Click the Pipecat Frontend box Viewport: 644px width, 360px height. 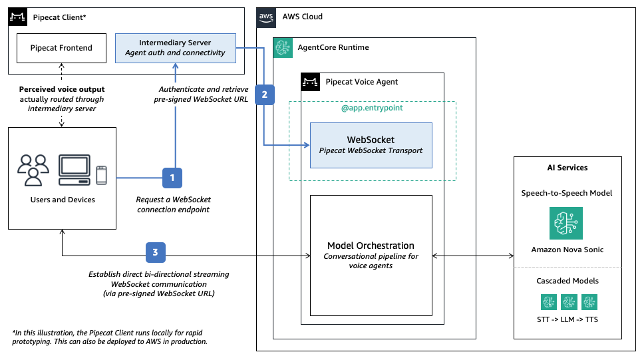pos(61,48)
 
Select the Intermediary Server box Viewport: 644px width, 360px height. pos(176,48)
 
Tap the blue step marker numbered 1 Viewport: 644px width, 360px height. pos(172,178)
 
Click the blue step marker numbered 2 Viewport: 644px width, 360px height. pos(265,94)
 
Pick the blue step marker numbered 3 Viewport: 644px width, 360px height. pos(155,252)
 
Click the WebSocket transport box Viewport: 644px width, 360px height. pos(371,145)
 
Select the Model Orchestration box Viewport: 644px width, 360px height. pos(371,256)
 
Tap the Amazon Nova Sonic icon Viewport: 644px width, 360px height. pos(566,223)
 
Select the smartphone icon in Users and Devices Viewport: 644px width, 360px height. pos(101,175)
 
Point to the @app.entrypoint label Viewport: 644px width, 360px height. pos(371,108)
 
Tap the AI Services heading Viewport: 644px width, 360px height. pos(566,168)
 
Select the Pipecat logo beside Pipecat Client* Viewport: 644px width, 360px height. pos(18,16)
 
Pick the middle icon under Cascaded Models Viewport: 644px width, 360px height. pos(569,302)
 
